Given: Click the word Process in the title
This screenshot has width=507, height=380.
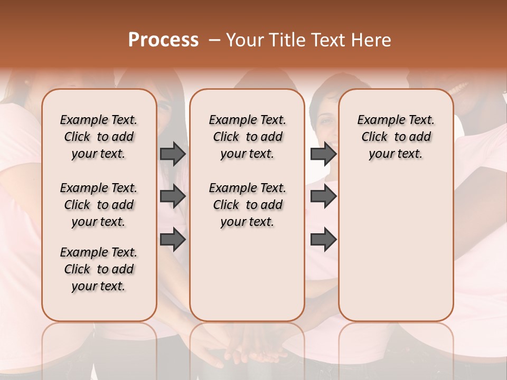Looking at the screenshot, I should [163, 40].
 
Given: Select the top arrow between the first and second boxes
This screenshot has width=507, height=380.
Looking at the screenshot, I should [173, 154].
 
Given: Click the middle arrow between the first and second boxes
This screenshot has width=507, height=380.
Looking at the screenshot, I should [173, 197].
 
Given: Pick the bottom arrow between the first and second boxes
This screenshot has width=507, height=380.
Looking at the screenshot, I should [173, 239].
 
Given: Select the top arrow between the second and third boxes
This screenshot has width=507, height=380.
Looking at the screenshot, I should [323, 154].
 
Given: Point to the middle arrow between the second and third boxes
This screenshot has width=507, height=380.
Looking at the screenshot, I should [323, 197].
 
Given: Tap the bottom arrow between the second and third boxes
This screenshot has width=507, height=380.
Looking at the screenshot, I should [323, 239].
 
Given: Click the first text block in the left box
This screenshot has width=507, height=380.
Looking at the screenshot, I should [99, 137].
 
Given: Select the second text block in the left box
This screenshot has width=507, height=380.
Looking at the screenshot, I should [99, 205].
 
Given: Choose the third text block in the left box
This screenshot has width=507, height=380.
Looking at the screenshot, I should [99, 269].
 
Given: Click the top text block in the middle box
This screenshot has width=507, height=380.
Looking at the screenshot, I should [247, 137].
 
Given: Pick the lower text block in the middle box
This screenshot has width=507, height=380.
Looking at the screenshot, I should [247, 205].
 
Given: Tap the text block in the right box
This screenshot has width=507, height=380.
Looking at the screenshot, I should [396, 137].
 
